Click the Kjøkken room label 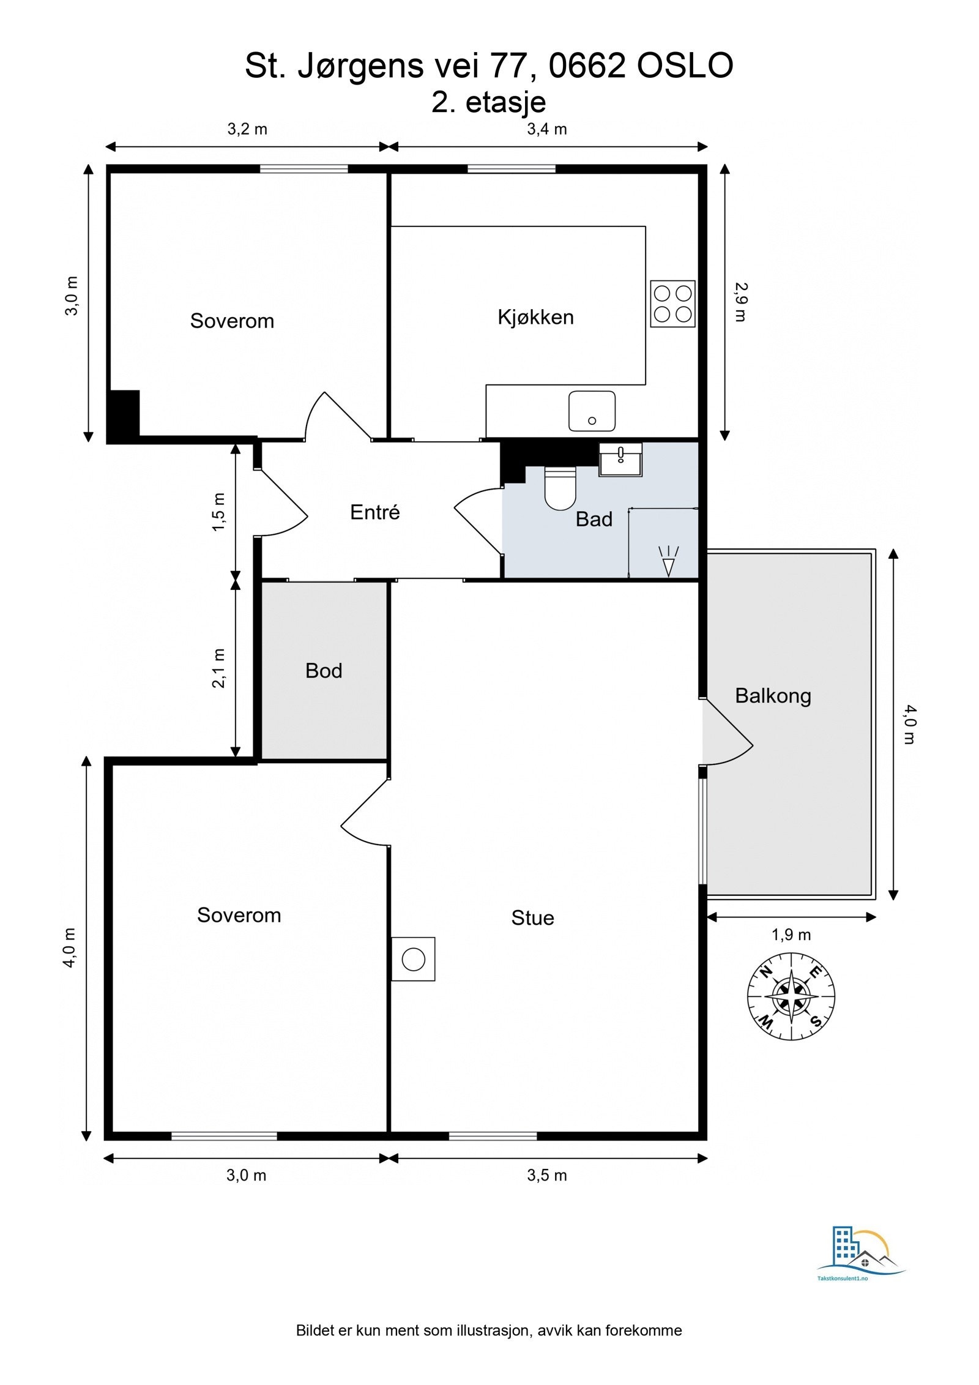click(x=535, y=317)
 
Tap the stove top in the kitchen click(x=672, y=304)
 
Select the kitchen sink click(x=592, y=411)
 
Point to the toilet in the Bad click(x=560, y=488)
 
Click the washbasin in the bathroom click(x=620, y=459)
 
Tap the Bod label click(x=324, y=671)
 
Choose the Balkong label click(x=773, y=696)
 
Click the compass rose click(x=791, y=996)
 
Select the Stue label click(x=532, y=917)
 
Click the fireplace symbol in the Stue click(x=413, y=959)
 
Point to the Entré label click(x=374, y=512)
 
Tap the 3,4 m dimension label click(x=546, y=129)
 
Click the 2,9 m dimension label click(x=740, y=302)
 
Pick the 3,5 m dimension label click(x=546, y=1175)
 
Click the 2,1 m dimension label click(x=218, y=668)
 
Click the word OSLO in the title click(x=685, y=66)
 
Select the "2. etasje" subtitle click(x=488, y=102)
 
